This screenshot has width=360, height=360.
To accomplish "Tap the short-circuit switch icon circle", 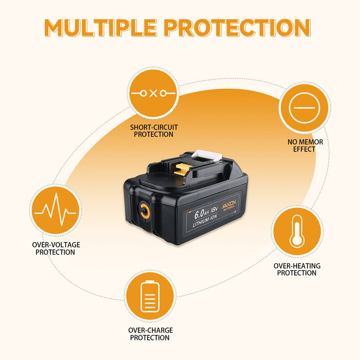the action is [153, 93].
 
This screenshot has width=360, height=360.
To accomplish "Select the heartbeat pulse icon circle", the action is [56, 210].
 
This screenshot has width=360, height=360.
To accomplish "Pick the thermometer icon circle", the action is [297, 231].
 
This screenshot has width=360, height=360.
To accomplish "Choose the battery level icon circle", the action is [150, 296].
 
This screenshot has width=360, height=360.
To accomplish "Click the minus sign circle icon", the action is [304, 107].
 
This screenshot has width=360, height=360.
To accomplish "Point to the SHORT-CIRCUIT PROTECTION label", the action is [154, 131].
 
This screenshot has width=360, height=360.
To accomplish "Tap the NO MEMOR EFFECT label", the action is [305, 146].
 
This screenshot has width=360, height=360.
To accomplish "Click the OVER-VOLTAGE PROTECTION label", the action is [56, 248].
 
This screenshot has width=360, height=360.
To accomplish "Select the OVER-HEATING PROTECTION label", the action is [297, 269].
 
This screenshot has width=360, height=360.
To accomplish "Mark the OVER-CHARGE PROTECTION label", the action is [150, 334].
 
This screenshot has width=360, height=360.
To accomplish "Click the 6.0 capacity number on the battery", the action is [199, 214].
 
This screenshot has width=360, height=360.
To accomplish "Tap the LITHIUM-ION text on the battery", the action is [205, 221].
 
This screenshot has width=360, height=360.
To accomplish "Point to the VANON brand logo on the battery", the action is [229, 204].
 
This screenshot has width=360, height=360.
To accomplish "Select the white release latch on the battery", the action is [207, 155].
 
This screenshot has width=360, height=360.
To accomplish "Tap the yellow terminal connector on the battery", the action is [182, 169].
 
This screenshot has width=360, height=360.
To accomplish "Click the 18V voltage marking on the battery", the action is [214, 209].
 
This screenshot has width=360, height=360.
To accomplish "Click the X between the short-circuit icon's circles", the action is [153, 93].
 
